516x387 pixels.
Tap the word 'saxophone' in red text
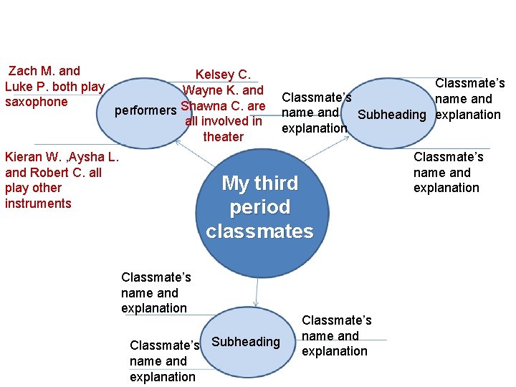coord(36,102)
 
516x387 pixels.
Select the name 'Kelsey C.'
coord(223,75)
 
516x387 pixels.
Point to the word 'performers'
coord(146,110)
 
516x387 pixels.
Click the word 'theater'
coord(223,137)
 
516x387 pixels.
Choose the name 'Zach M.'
coord(33,71)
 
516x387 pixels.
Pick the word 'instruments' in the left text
coord(38,204)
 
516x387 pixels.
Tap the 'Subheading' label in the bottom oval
coord(246,342)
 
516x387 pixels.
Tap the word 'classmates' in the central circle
coord(259,231)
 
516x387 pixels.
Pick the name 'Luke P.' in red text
coord(27,87)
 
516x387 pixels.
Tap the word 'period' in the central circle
coord(259,208)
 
